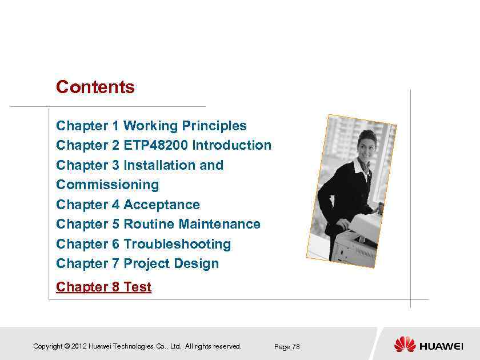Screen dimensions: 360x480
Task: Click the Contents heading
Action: coord(95,87)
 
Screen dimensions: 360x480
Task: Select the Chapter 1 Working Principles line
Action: coord(151,126)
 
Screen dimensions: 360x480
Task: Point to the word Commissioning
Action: coord(107,185)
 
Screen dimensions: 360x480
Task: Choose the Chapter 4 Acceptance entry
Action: coord(128,205)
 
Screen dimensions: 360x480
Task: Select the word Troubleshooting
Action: coord(177,244)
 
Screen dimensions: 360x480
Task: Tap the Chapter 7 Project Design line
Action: coord(137,263)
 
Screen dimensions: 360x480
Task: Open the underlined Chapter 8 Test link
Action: coord(103,287)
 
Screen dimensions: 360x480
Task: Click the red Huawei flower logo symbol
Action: coord(405,345)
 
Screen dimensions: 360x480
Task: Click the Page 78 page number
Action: coord(287,347)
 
